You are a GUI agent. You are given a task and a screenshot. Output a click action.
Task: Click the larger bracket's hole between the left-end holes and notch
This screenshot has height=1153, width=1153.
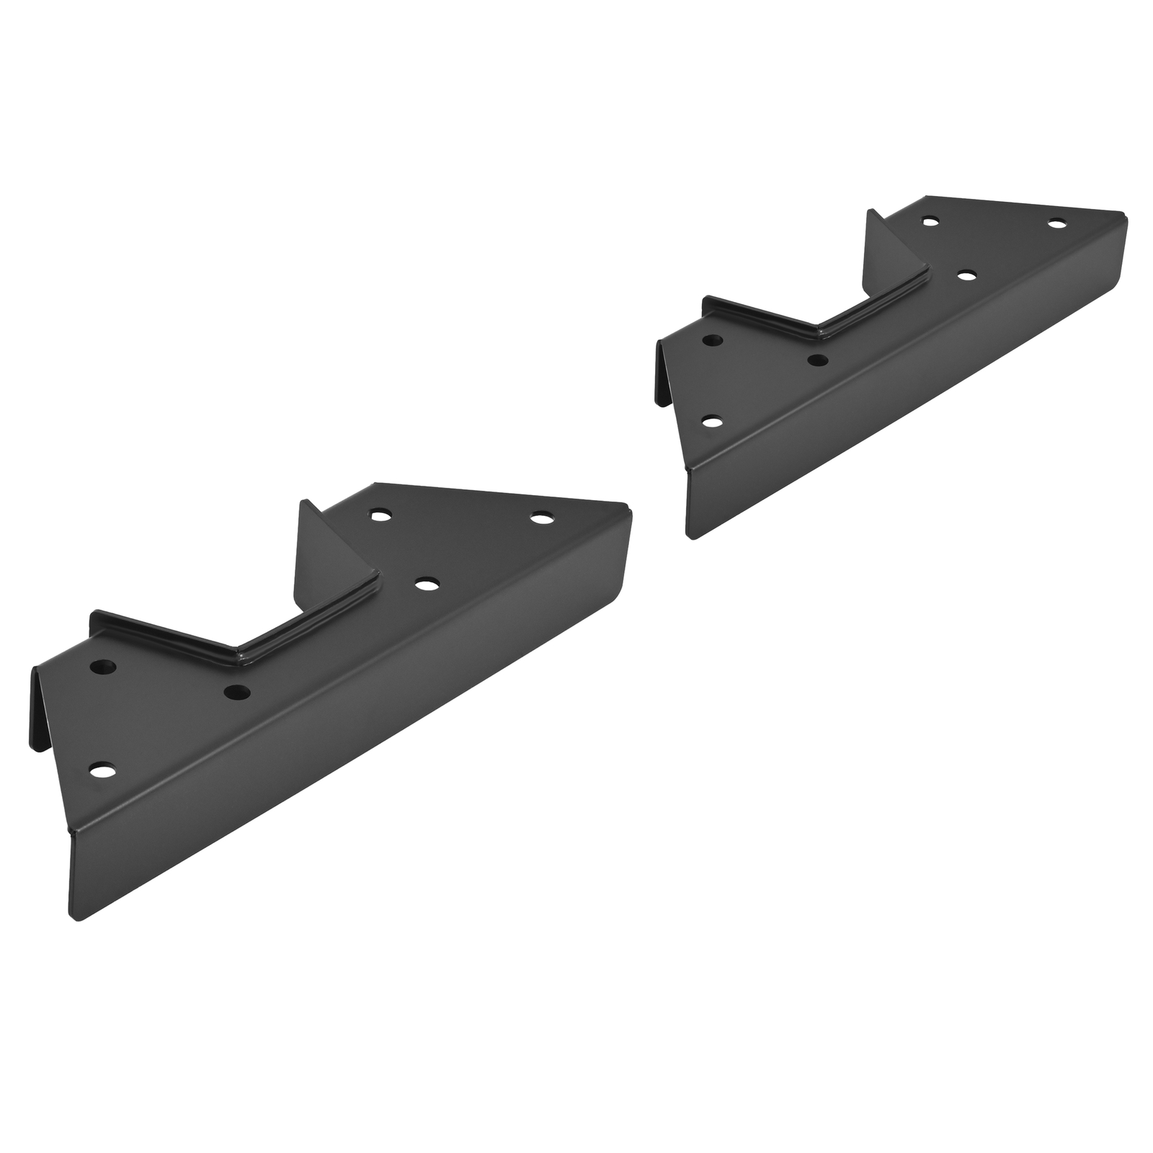pyautogui.click(x=236, y=693)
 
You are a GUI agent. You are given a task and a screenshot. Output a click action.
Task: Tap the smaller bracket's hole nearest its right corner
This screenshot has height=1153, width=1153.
pyautogui.click(x=1056, y=224)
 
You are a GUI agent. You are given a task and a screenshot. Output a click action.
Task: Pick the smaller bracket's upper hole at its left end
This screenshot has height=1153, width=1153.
pyautogui.click(x=713, y=340)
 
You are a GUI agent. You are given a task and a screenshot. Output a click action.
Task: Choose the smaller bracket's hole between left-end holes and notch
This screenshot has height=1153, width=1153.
pyautogui.click(x=816, y=359)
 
